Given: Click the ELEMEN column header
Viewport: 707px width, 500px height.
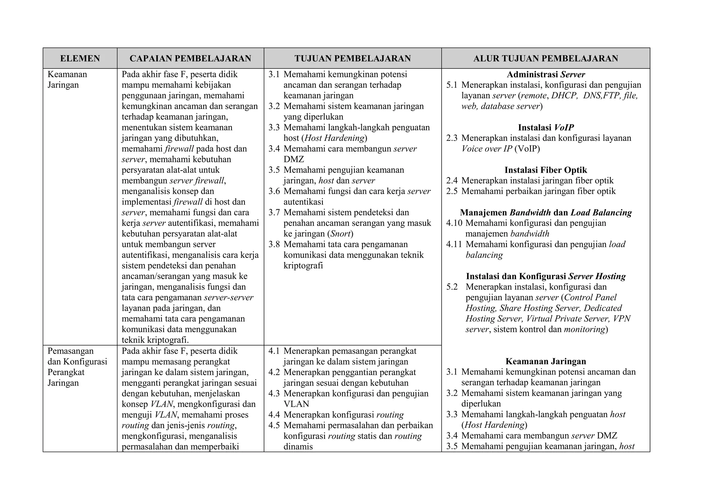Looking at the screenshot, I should click(x=80, y=58).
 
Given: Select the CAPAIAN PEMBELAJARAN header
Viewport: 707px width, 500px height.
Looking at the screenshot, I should click(x=190, y=58).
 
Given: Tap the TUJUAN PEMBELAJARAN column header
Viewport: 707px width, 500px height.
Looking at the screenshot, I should click(x=352, y=58).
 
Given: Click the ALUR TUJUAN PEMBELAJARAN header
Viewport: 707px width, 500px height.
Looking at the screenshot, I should click(x=545, y=58).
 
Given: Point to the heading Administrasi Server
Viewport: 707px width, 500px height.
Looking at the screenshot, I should click(x=545, y=74).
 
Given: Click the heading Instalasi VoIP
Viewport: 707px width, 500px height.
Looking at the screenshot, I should click(x=545, y=127).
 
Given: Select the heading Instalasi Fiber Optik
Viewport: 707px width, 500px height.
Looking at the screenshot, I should click(x=545, y=170).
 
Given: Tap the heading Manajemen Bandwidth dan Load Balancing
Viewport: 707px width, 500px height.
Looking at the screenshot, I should click(x=545, y=212).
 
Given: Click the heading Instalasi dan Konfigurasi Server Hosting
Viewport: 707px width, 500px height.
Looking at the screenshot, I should click(x=545, y=276).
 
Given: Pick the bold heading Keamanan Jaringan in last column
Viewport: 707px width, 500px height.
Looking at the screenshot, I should click(x=545, y=361).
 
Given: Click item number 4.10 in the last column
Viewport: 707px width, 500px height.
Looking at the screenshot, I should click(x=454, y=223).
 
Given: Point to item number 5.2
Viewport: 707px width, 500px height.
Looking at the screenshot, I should click(x=452, y=287).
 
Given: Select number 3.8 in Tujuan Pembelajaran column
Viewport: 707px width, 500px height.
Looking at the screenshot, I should click(x=274, y=244).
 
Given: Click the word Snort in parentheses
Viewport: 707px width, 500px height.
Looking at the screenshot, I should click(x=340, y=234).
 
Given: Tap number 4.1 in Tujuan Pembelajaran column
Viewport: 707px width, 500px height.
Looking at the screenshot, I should click(x=274, y=351).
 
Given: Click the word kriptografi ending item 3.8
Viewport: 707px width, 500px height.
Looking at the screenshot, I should click(x=303, y=266).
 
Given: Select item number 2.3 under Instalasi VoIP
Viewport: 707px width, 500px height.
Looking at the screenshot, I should click(x=452, y=138).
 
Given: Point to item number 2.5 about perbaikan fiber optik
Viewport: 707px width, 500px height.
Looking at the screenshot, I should click(x=452, y=191).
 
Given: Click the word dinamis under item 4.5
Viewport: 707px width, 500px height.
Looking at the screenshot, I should click(x=298, y=446).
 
